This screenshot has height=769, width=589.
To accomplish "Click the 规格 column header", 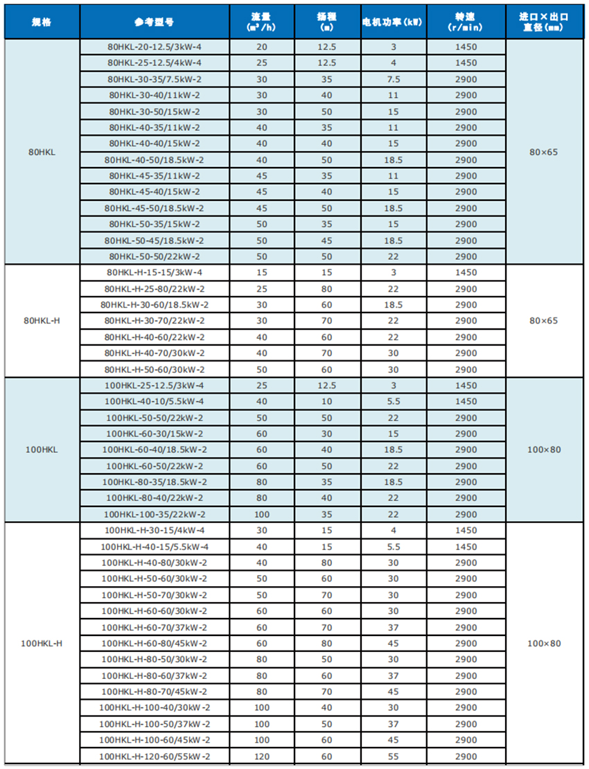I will click(x=41, y=21).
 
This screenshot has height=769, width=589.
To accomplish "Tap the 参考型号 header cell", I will click(x=154, y=21).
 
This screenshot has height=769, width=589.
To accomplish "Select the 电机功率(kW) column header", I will click(x=393, y=21).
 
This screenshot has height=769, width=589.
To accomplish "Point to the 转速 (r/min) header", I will click(x=466, y=21).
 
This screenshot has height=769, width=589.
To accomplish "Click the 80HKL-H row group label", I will click(x=42, y=321).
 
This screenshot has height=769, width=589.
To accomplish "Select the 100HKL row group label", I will click(x=42, y=450).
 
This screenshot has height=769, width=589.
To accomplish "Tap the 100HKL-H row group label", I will click(x=42, y=644).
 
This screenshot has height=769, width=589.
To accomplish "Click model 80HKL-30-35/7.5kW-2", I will click(x=154, y=79).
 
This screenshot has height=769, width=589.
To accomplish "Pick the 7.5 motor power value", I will click(x=393, y=79).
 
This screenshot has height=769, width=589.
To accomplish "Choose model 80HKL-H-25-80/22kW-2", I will click(x=154, y=289).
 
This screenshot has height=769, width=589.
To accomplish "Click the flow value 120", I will click(x=261, y=756).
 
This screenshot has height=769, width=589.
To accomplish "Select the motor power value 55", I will click(x=393, y=756).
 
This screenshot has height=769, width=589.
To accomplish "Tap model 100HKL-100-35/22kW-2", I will click(x=154, y=514).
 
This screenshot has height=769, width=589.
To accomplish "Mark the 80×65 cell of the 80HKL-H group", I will click(x=543, y=321).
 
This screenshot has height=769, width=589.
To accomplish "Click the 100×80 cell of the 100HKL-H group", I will click(x=544, y=644).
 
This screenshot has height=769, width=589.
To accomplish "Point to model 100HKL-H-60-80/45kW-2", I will click(x=154, y=644).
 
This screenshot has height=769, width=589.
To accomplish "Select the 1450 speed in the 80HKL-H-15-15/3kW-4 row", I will click(x=466, y=272).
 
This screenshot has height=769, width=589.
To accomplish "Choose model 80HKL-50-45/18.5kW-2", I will click(x=154, y=240).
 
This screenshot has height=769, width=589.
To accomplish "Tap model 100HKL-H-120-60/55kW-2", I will click(x=154, y=756).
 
